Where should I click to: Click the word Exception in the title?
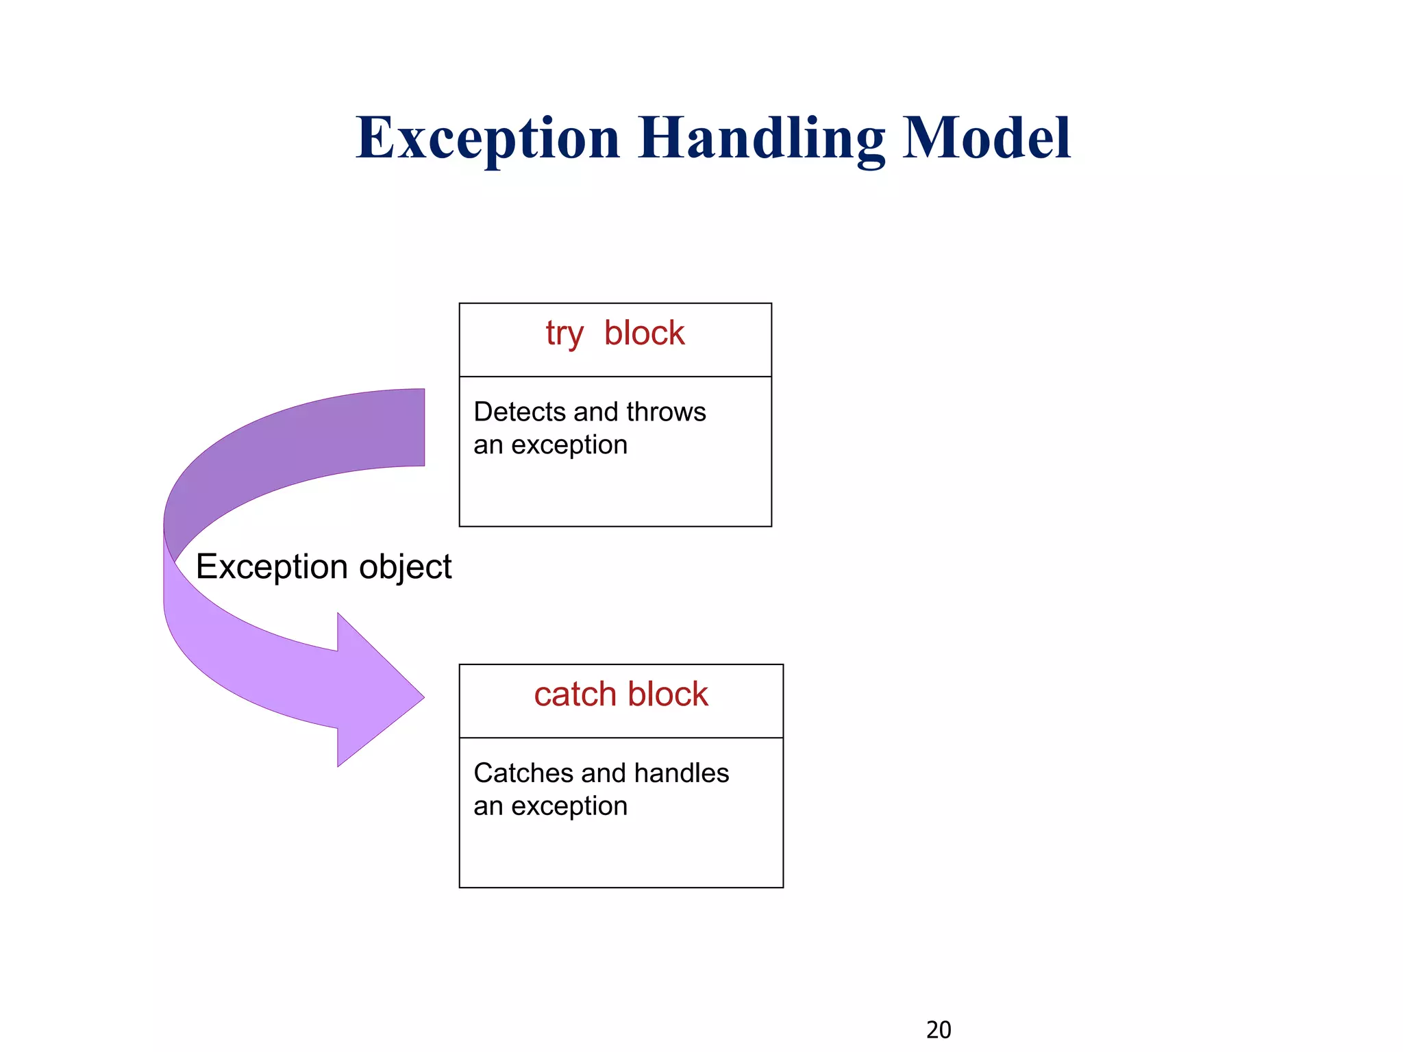click(488, 139)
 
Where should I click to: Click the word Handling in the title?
click(761, 139)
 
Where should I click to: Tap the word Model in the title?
click(986, 139)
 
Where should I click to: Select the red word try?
click(564, 335)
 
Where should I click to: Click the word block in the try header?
click(644, 334)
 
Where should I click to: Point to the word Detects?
click(519, 412)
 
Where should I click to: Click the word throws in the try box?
click(666, 412)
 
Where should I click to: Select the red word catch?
click(575, 694)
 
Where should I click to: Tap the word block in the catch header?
click(668, 694)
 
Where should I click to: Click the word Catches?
click(523, 773)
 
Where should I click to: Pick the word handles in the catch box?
click(682, 773)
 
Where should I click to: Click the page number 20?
click(939, 1030)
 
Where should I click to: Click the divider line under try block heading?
click(615, 377)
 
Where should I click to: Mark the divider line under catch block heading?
click(621, 738)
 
